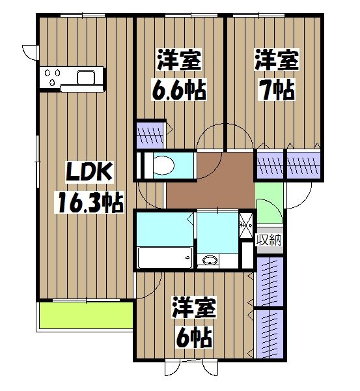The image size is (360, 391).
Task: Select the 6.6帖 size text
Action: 179,89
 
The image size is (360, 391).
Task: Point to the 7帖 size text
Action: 276,89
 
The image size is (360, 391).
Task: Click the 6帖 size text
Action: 195,337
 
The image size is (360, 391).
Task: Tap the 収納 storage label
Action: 270,240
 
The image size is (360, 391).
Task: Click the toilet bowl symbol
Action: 163,165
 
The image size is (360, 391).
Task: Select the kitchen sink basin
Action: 86,78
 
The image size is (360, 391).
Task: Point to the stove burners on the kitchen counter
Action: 52,77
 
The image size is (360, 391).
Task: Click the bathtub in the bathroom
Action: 165,257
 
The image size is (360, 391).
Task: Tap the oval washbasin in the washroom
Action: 210,260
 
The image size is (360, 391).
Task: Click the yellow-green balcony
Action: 86,315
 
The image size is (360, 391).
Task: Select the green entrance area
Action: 270,203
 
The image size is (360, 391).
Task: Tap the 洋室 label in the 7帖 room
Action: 277,59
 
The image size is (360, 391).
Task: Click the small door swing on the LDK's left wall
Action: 30,52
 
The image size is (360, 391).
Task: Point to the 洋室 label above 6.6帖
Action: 179,59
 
